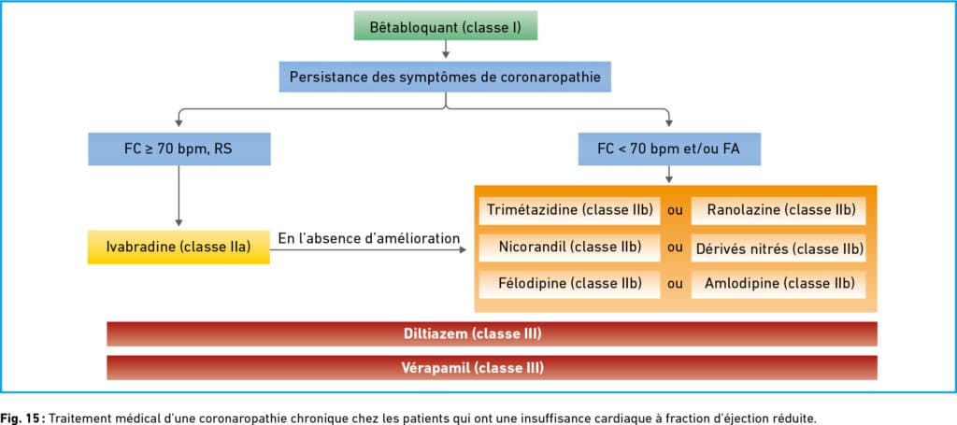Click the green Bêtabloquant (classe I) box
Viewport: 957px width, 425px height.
[x=446, y=25]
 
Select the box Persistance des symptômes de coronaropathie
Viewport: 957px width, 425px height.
[x=445, y=77]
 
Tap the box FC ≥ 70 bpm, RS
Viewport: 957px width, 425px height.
[x=179, y=149]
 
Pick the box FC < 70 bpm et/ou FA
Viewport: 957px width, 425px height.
[x=669, y=149]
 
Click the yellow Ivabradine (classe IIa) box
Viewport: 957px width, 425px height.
[x=179, y=247]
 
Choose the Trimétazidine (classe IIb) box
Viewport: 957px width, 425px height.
[x=569, y=210]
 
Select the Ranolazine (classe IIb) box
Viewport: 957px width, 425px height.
[x=778, y=210]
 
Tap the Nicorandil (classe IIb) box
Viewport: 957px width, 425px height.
[x=569, y=248]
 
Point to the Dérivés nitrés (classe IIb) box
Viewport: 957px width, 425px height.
[x=778, y=248]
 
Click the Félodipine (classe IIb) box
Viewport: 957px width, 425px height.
[x=569, y=284]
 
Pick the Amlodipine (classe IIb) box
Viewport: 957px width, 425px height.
[x=778, y=284]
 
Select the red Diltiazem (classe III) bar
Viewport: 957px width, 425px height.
[x=492, y=334]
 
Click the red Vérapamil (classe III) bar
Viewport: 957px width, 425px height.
[x=492, y=368]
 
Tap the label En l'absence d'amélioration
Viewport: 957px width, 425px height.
[x=368, y=238]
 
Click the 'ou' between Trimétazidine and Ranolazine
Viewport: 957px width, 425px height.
[x=675, y=211]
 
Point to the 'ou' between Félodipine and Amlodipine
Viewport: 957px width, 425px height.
[x=675, y=284]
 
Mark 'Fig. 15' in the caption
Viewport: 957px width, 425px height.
[x=22, y=418]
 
